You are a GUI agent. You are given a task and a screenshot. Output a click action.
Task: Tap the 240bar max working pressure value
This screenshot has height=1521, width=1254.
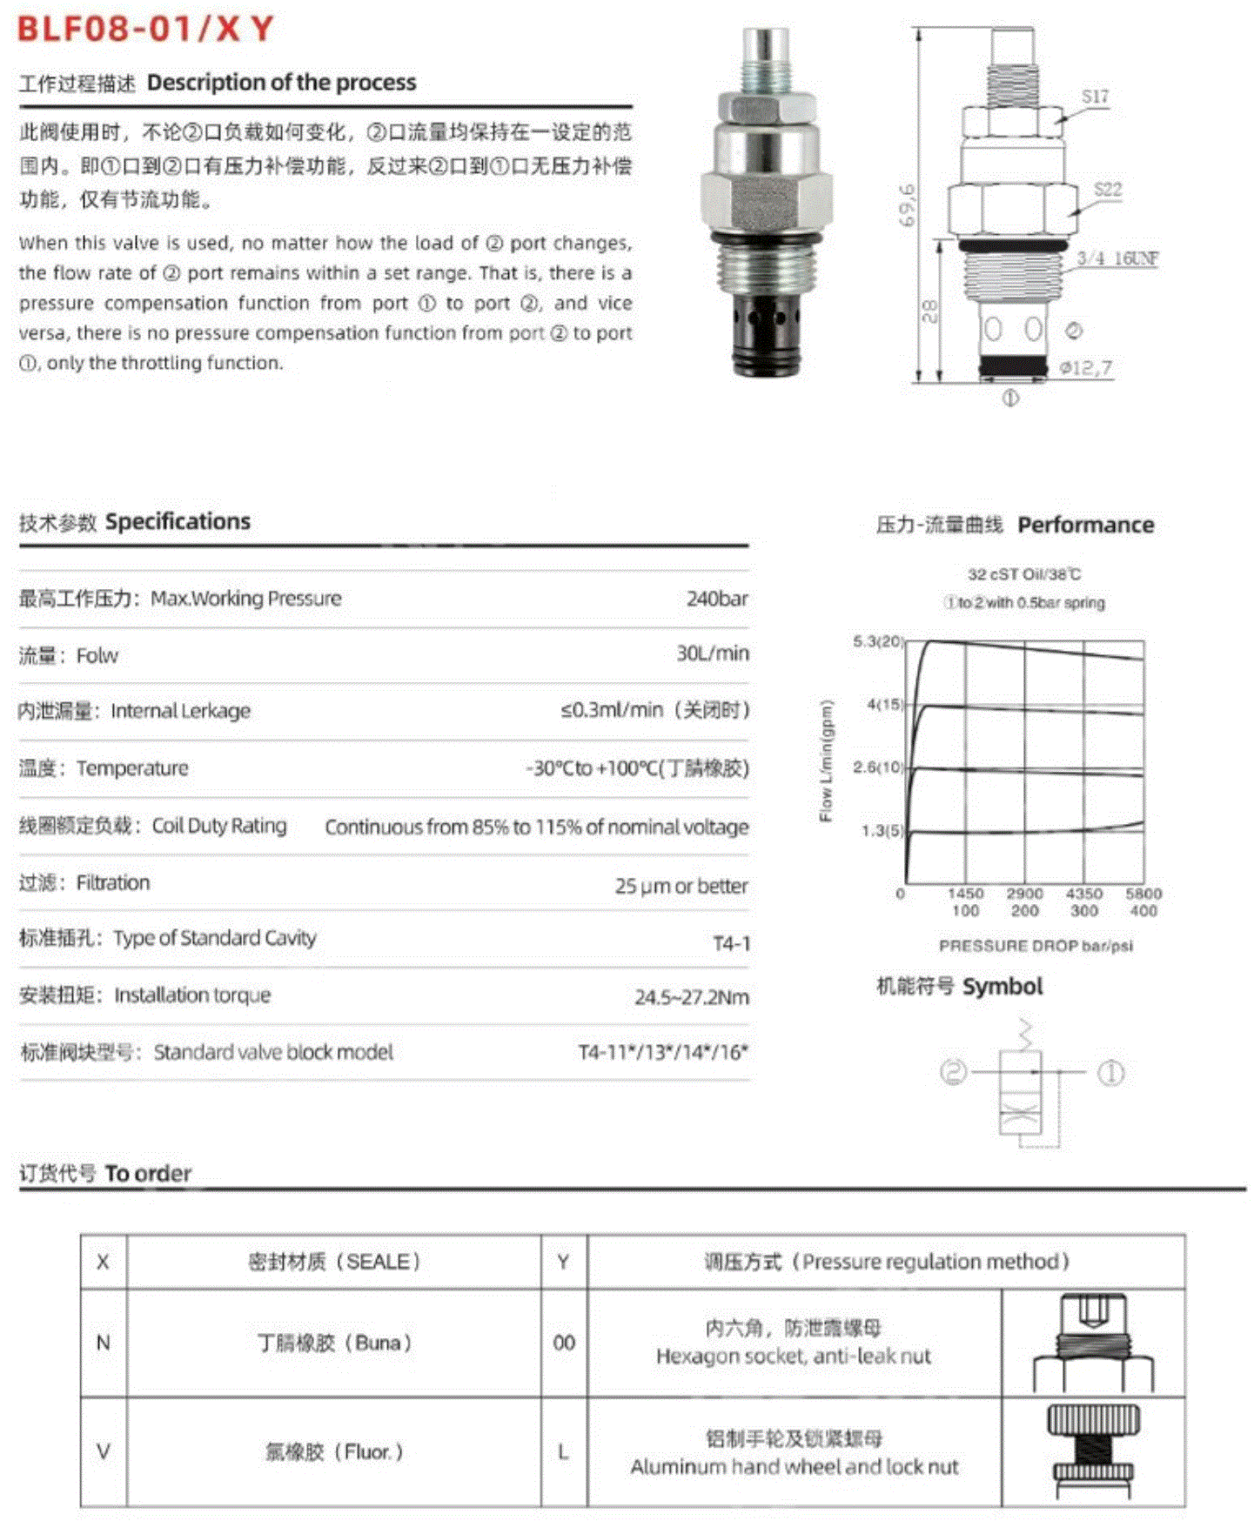click(716, 599)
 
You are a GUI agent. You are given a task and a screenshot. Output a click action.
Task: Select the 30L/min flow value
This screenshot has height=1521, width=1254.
click(712, 653)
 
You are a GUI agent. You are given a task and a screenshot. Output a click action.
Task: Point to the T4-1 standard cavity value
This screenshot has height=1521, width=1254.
click(731, 943)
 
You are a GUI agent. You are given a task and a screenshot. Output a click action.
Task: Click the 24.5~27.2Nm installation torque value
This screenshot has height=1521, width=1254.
click(691, 997)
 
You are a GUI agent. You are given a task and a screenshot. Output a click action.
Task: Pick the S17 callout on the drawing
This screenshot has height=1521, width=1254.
click(1095, 97)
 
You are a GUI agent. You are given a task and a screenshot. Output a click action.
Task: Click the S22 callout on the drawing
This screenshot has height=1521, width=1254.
click(1107, 190)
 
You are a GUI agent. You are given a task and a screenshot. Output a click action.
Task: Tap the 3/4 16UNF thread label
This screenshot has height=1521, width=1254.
click(1117, 258)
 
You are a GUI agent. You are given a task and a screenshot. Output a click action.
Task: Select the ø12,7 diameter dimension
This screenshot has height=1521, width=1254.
click(1085, 368)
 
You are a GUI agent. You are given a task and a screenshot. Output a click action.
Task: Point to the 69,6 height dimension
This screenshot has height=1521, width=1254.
click(907, 205)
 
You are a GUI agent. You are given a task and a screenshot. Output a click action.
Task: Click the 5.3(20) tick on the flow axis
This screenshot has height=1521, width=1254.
click(878, 642)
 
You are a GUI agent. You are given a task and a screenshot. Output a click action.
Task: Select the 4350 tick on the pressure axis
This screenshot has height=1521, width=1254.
click(1083, 894)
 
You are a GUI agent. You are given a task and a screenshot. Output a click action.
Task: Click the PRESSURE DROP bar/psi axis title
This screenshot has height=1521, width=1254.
click(1035, 946)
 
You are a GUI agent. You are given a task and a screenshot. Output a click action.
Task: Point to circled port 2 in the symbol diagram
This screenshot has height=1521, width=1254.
click(954, 1072)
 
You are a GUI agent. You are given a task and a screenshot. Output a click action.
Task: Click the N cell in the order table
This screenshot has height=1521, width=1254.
click(103, 1343)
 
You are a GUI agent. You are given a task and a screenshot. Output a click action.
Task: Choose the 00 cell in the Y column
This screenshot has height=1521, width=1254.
click(564, 1343)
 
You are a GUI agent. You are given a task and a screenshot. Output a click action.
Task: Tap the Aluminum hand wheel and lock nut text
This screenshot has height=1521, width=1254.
click(794, 1467)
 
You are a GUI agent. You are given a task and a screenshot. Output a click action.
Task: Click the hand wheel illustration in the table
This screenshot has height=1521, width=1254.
click(1093, 1451)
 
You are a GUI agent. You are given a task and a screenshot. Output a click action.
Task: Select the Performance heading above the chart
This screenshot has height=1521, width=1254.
click(1085, 526)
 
